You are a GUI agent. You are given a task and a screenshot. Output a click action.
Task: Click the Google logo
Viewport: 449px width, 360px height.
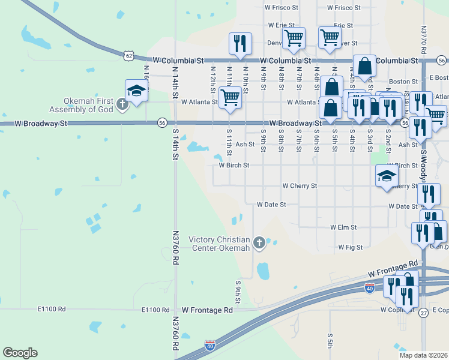point(20,353)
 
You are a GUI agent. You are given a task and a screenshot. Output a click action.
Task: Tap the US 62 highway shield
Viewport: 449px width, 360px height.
point(129,55)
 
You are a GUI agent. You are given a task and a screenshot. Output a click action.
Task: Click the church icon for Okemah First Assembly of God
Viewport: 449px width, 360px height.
point(122,104)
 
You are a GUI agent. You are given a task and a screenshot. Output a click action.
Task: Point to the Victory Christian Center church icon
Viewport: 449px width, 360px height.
point(259,242)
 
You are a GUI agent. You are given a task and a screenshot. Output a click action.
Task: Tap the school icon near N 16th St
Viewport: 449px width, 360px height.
point(136,91)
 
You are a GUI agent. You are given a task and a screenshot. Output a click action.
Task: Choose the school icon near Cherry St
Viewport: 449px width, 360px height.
point(387,175)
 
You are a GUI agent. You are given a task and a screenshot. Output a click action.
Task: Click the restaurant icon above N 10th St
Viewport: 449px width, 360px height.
point(240,43)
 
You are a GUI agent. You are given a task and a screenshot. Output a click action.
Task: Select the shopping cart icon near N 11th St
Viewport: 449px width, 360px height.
point(230,98)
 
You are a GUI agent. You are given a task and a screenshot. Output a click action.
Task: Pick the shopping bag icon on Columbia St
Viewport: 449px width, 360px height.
point(364,67)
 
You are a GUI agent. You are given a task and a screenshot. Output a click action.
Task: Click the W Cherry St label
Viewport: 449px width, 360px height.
point(300,186)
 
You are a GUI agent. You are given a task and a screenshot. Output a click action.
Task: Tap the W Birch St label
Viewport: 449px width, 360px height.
point(234,165)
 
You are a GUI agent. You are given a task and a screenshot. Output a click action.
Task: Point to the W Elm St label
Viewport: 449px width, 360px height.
point(343,227)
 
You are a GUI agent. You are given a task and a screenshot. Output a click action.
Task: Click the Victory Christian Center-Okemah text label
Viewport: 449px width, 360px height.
point(218,244)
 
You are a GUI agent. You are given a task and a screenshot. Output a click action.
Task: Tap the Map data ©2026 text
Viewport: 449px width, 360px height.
point(423,355)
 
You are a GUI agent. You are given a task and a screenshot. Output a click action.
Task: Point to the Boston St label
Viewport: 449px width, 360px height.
point(403,81)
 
